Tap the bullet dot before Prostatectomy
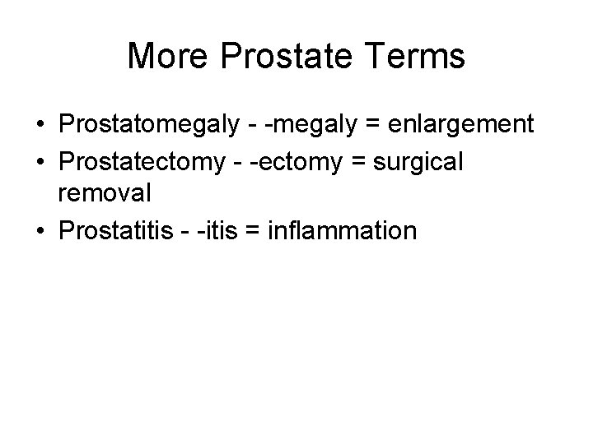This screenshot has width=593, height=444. click(40, 162)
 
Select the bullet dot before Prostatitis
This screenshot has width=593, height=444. click(40, 232)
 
